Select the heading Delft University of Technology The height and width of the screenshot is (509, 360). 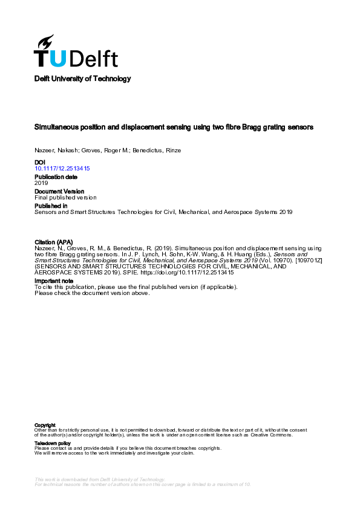[x=82, y=79]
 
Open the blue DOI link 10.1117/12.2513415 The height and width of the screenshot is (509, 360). [x=62, y=169]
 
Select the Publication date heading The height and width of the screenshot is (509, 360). [x=56, y=177]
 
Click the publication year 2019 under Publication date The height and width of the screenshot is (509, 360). [x=41, y=183]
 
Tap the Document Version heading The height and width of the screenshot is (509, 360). [x=59, y=191]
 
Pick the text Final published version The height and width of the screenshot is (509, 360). [x=65, y=197]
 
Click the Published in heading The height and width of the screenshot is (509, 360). [x=50, y=206]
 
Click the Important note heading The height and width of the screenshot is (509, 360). [x=55, y=281]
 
